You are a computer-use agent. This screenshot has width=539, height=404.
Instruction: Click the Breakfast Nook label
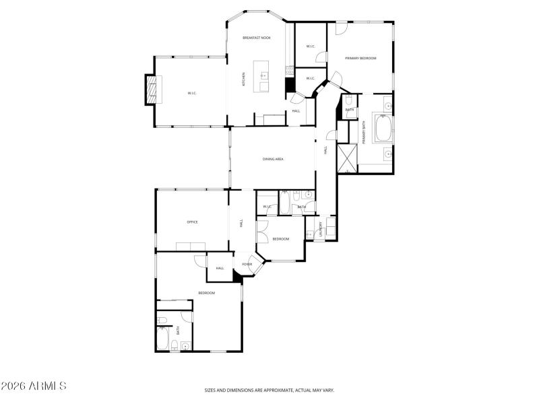point(256,38)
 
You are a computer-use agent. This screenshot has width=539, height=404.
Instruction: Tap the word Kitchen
point(244,79)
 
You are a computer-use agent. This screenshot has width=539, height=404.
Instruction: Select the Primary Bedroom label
point(360,59)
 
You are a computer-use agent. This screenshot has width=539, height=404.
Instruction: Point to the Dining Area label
point(273,159)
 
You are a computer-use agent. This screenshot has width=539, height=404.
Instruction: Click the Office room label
point(192,222)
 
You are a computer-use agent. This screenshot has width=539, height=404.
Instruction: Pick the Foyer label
point(247,265)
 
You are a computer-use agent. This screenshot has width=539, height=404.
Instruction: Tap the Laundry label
point(321,229)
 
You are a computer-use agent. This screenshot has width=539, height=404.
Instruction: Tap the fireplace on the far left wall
point(154,90)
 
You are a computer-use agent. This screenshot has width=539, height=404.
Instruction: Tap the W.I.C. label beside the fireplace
point(192,93)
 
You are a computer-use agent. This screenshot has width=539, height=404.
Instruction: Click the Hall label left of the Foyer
point(220,268)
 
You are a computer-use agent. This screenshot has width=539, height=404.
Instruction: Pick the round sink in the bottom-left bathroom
point(184,345)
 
